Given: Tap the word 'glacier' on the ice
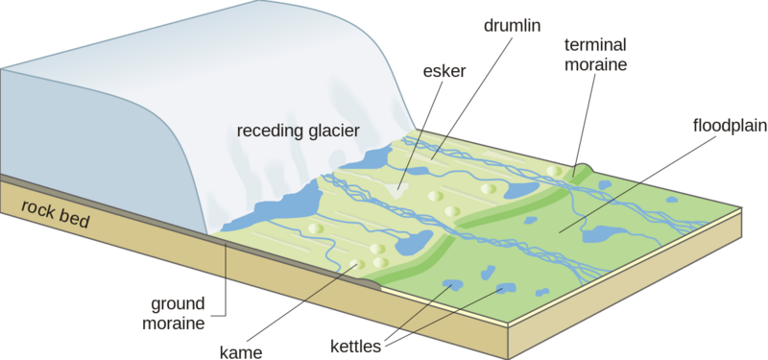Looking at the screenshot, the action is (331, 131).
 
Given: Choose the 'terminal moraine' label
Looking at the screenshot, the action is (596, 55).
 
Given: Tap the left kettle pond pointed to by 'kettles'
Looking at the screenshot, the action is (450, 285).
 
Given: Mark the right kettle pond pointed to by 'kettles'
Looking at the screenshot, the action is (504, 288).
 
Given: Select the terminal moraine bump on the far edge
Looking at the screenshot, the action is (582, 170).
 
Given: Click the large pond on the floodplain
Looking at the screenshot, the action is (603, 233).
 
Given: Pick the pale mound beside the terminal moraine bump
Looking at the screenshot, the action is (554, 170).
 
